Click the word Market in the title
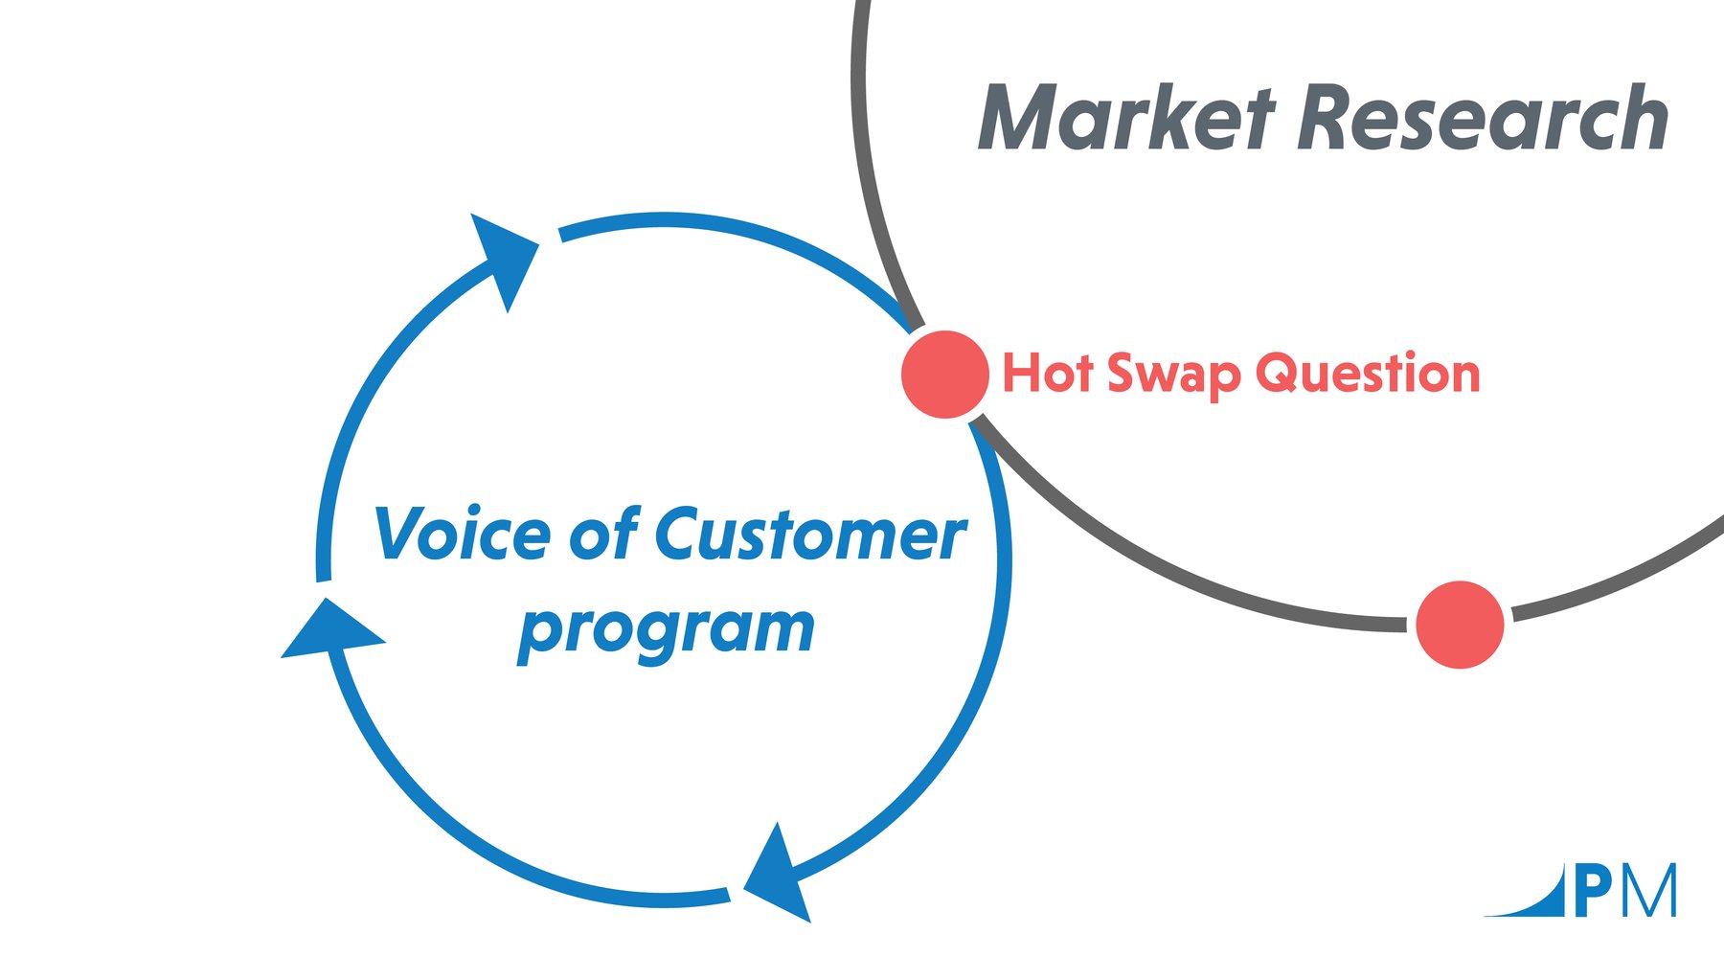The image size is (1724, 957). coord(1125,119)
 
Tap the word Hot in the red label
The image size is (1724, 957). coord(1047,373)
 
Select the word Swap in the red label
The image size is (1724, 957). coord(1174,375)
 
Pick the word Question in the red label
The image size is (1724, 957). coord(1368,373)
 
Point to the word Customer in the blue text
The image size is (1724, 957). coord(810,534)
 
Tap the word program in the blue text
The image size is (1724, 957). coord(666,630)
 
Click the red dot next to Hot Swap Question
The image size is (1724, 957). coord(945,375)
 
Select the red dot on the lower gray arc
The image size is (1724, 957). coord(1460,624)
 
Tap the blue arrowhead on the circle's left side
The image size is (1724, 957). coord(330,631)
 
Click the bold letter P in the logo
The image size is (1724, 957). coord(1592,892)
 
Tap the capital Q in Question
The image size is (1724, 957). coord(1280,373)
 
